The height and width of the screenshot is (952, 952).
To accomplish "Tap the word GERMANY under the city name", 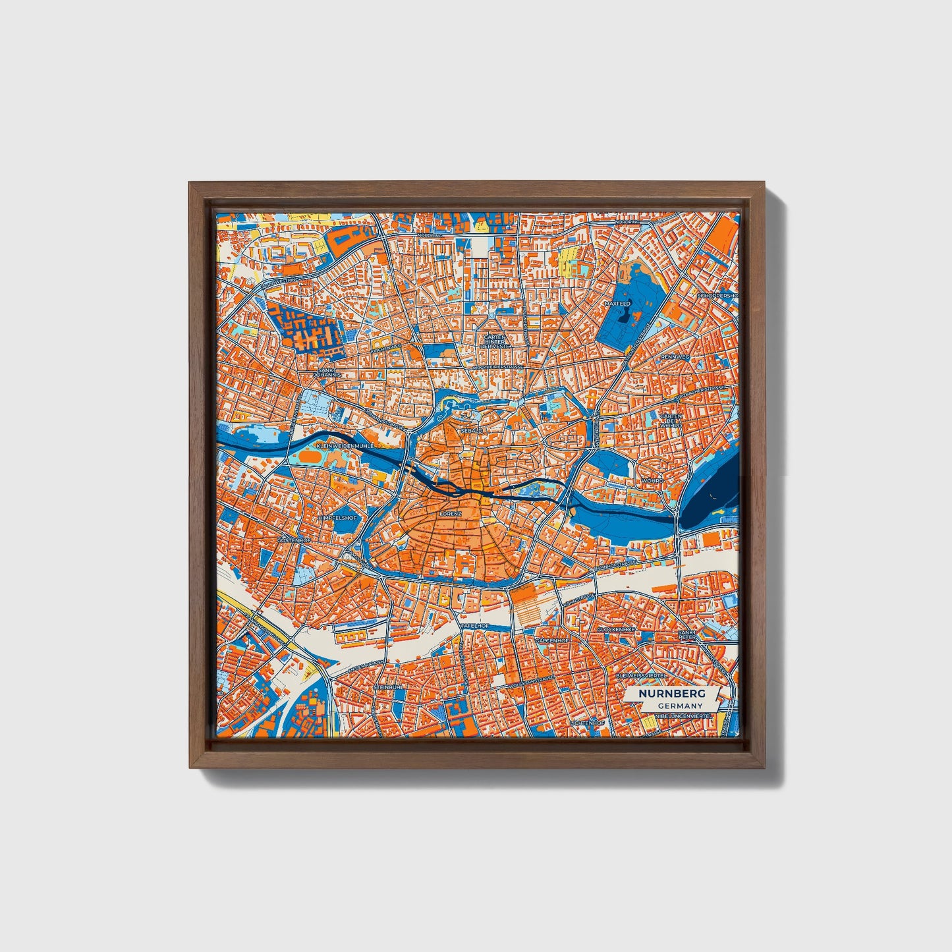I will point(679,706).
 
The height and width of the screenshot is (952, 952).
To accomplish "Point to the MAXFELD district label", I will point(617,304).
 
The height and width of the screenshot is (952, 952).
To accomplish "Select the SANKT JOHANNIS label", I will point(327,372).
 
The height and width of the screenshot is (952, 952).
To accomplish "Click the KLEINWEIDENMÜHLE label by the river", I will point(345,446).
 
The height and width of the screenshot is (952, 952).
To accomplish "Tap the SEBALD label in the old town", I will point(472,430).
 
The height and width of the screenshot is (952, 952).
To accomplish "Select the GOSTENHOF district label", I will point(294,540).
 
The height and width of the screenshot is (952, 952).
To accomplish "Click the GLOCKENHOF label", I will point(615,630).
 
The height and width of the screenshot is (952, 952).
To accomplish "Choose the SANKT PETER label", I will point(687,635).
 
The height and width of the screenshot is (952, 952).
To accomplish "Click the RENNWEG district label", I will point(675,356).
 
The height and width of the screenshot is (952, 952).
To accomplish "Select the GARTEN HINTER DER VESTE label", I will point(494,341).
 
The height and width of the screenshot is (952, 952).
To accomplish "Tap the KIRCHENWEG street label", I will point(386,347).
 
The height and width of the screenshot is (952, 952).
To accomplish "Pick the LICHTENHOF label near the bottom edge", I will point(587,723).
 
